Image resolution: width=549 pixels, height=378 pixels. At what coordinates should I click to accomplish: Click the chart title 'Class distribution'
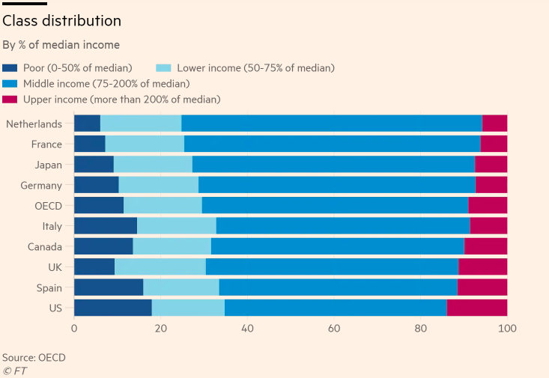[61, 21]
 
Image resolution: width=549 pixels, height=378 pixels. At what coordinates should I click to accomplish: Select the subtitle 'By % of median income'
[61, 45]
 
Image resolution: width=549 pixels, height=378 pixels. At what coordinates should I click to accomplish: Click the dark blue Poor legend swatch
[10, 68]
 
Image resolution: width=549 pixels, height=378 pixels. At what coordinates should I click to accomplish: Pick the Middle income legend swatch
[10, 84]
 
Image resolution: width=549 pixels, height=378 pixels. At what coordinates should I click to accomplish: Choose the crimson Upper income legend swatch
[10, 100]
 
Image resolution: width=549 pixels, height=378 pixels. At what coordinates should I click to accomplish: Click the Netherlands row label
[34, 124]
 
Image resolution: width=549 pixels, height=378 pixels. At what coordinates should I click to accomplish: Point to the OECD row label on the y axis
[48, 206]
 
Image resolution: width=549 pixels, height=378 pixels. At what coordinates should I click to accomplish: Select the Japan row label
[46, 165]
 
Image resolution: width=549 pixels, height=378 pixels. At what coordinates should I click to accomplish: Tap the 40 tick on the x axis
[247, 329]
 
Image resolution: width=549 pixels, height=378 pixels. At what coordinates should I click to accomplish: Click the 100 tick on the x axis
[507, 329]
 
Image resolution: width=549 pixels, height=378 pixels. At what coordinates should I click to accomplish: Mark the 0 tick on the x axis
[74, 329]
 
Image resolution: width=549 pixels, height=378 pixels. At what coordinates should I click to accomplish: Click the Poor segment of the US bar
[112, 308]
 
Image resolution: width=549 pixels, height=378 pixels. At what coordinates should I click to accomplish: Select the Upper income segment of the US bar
[477, 308]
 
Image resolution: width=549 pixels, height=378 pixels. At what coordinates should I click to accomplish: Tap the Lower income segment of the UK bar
[160, 266]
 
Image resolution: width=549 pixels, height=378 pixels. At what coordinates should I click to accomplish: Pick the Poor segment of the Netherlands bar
[87, 124]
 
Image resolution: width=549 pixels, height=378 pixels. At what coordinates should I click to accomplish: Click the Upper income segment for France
[494, 144]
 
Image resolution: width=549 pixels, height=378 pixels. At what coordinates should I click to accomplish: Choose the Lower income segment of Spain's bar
[181, 287]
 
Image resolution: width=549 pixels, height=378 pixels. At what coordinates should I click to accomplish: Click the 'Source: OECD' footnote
[34, 358]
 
